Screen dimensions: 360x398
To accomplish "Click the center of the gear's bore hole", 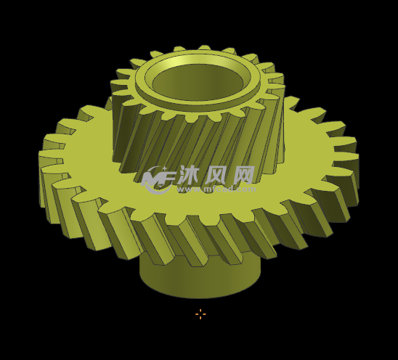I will point(197,82).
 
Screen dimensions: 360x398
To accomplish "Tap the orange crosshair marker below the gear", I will point(200,314).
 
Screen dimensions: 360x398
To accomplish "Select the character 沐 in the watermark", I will point(188,175).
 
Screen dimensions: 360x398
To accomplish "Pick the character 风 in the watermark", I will point(216,175).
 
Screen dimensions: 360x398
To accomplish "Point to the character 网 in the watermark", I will point(243,175).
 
